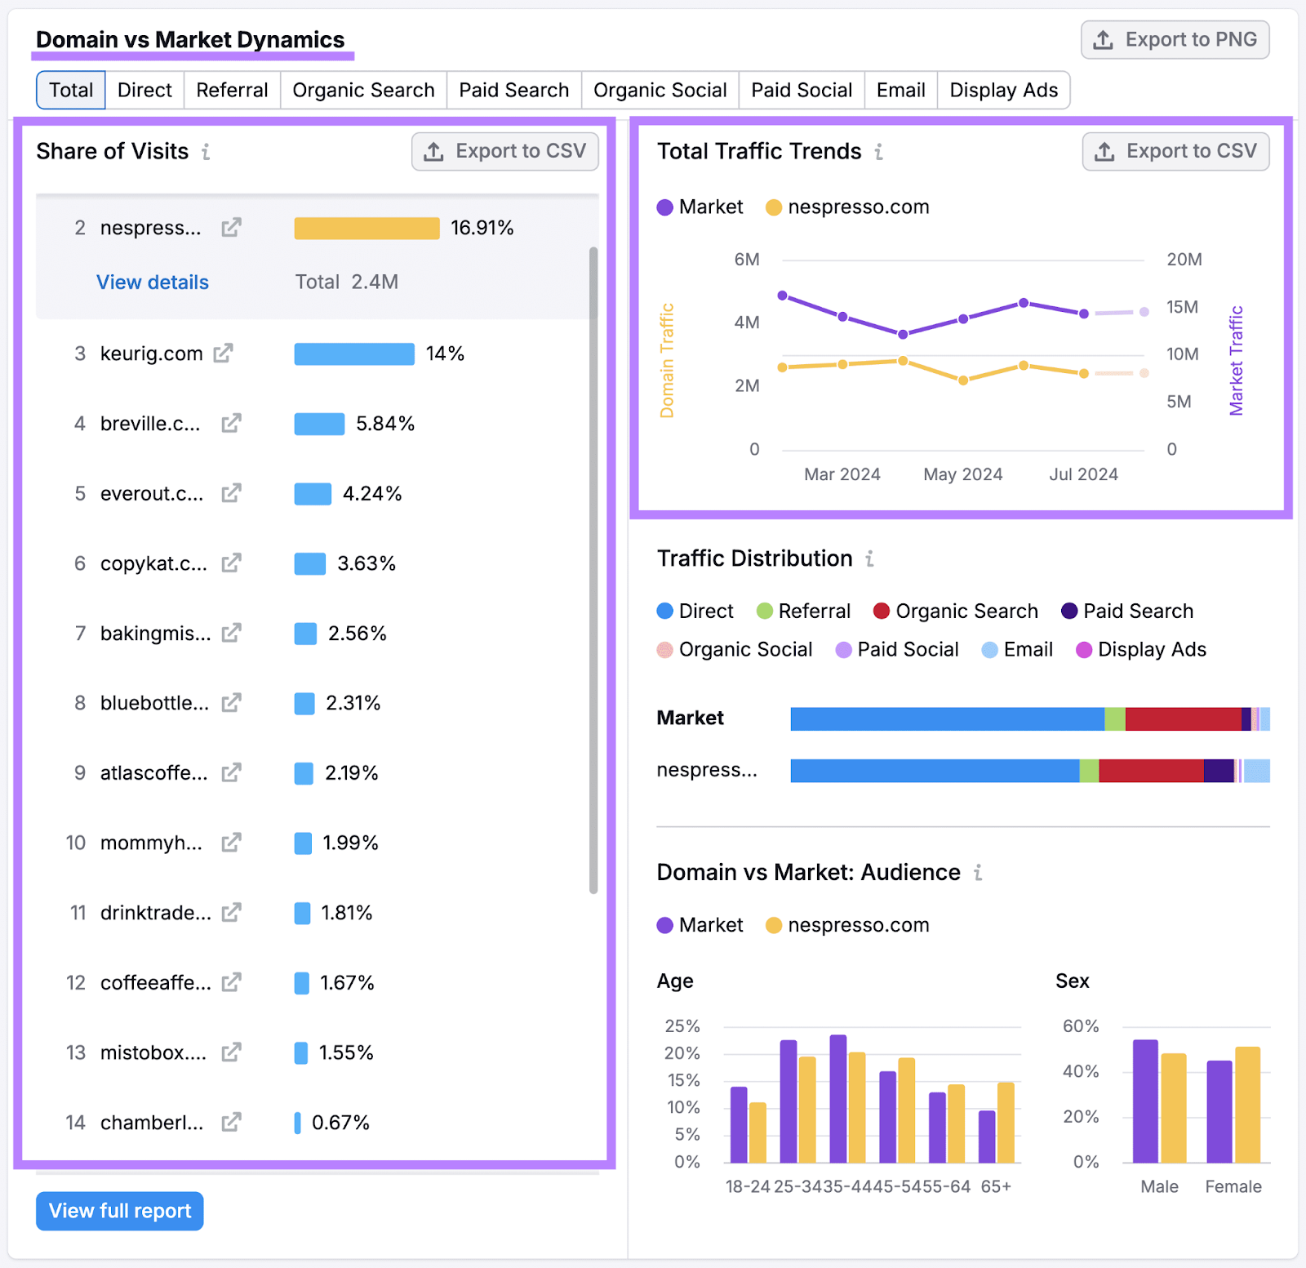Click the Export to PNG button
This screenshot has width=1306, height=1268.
pos(1175,40)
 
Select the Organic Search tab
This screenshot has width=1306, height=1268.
pos(363,90)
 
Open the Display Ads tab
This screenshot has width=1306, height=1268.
pos(1003,90)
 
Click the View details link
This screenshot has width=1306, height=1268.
pos(153,283)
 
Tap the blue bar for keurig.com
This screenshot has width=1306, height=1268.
pos(354,354)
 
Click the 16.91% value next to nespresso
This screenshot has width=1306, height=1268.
pos(482,229)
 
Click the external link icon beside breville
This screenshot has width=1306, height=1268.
pos(231,424)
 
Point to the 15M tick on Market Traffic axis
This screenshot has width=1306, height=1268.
pos(1181,307)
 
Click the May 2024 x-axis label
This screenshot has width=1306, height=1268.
pos(962,474)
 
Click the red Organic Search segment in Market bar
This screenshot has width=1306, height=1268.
pos(1183,719)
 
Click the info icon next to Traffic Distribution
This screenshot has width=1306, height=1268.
pos(870,559)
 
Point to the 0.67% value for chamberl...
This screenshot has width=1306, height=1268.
pos(340,1123)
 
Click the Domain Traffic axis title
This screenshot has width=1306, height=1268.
pos(667,361)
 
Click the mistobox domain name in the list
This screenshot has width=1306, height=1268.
pos(153,1053)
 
